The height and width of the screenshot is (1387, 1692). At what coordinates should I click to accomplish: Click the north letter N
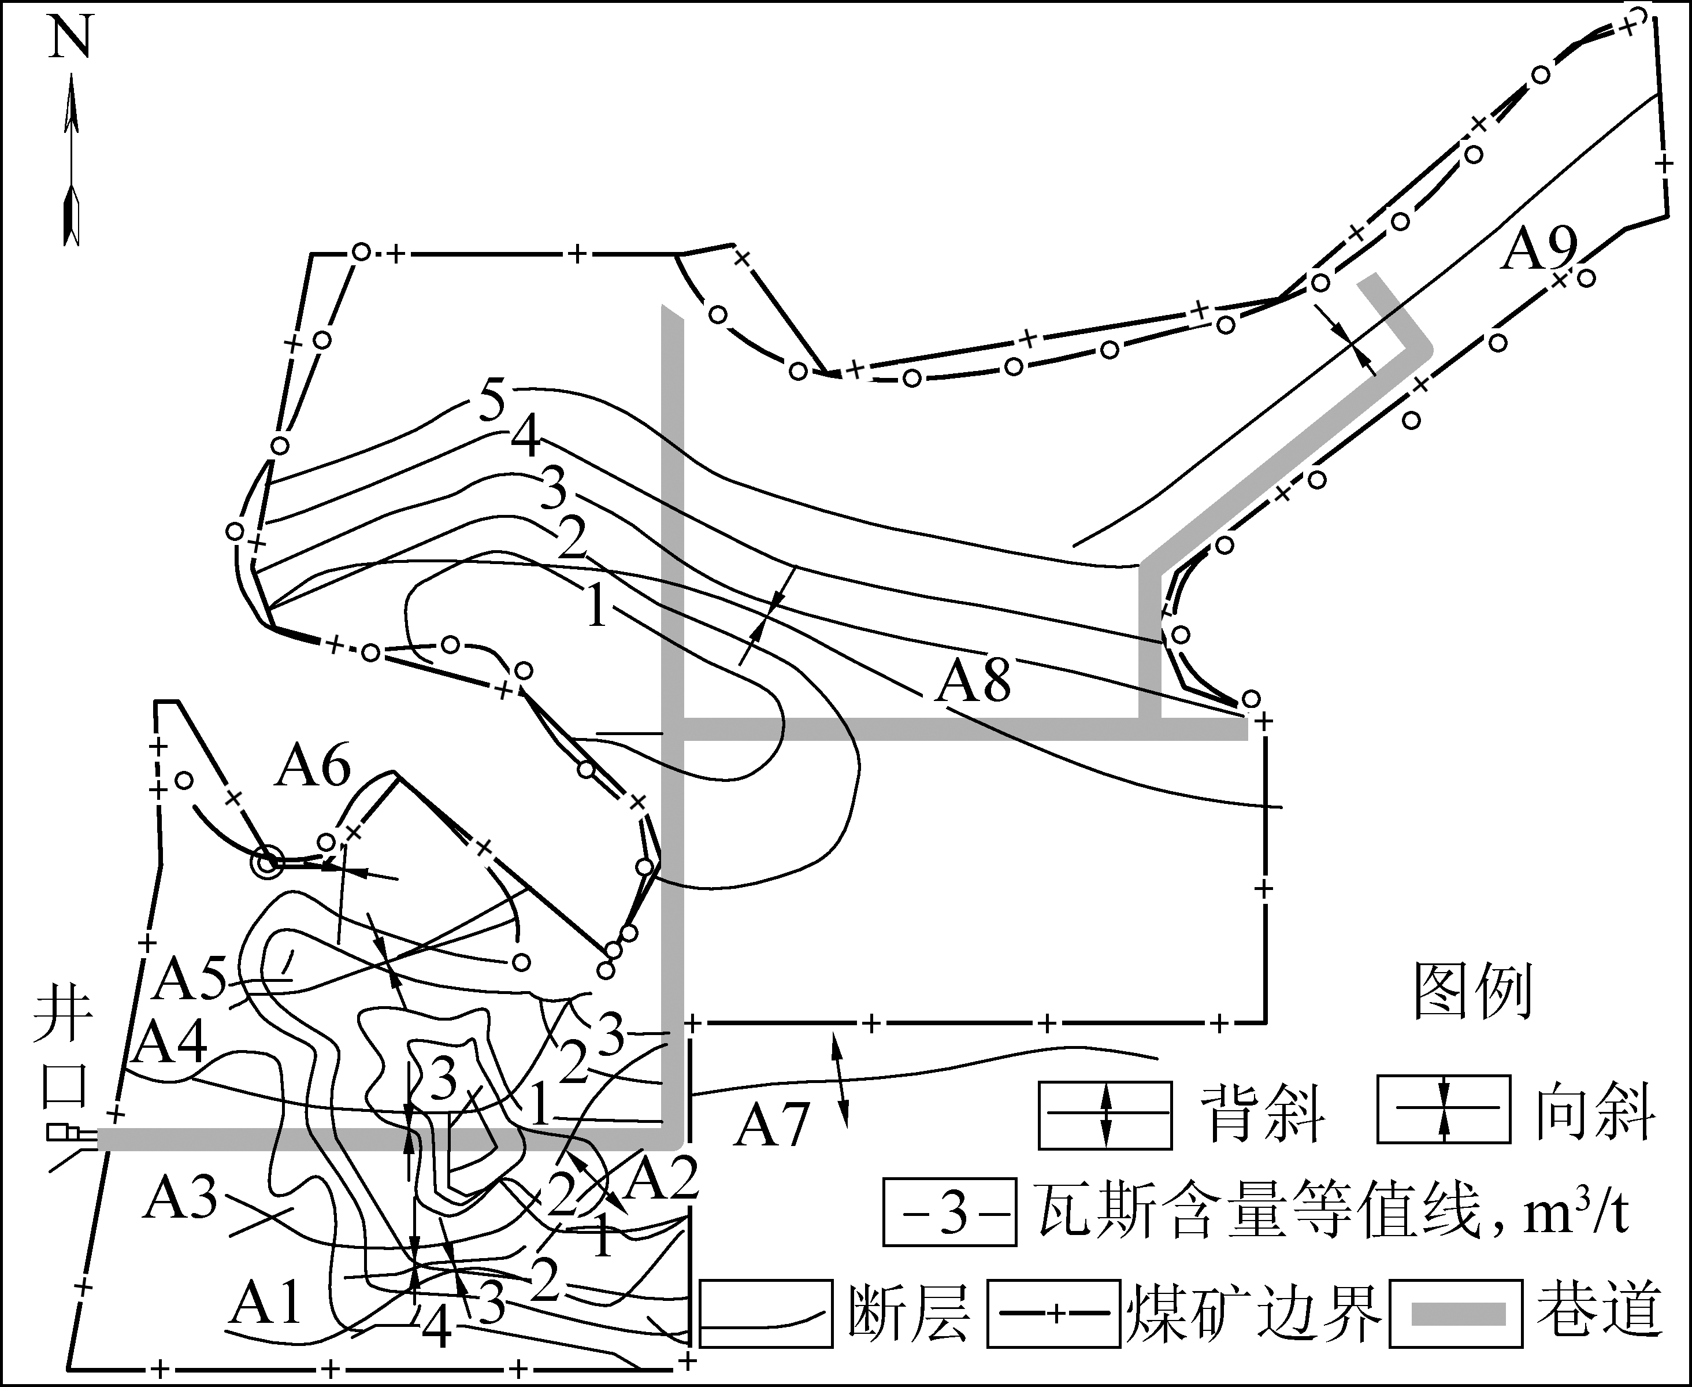71,38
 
